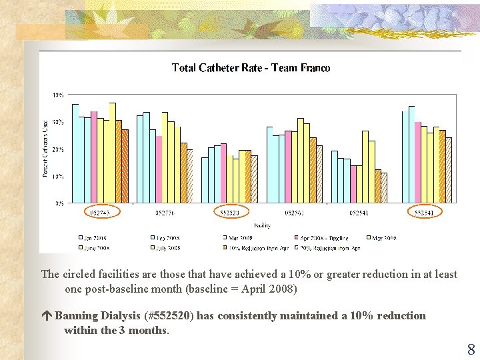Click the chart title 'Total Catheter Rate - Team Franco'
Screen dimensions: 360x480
click(x=251, y=68)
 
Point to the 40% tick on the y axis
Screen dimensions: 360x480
click(x=58, y=95)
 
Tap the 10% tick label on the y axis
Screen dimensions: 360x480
click(x=58, y=177)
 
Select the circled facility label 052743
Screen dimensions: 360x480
click(x=100, y=213)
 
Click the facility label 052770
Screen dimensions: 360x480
click(x=165, y=213)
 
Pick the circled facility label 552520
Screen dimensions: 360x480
click(x=230, y=213)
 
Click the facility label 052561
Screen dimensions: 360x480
click(x=295, y=213)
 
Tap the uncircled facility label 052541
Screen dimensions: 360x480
click(x=359, y=213)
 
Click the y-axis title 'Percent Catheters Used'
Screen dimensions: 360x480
click(x=45, y=148)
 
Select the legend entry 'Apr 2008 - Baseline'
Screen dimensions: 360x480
click(x=324, y=238)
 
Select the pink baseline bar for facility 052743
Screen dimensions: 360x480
click(x=94, y=157)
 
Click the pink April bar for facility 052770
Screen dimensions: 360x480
click(x=159, y=169)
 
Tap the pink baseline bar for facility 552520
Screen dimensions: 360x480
click(x=224, y=173)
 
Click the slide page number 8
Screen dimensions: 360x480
click(x=471, y=349)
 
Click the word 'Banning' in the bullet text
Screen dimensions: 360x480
click(x=75, y=315)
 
